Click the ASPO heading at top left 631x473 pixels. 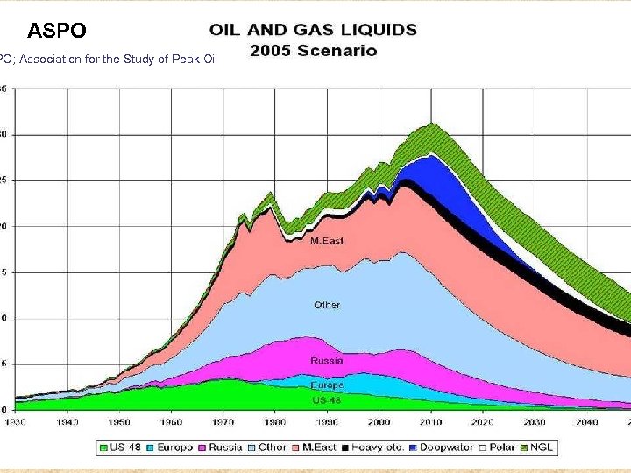57,32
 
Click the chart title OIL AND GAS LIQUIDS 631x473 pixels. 314,30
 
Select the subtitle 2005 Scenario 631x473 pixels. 314,51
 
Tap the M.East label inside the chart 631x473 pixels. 327,240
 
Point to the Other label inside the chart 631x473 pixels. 327,305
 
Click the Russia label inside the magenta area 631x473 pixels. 327,360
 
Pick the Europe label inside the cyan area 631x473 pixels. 327,385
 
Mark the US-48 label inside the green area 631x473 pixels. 327,399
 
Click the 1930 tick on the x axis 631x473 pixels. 16,421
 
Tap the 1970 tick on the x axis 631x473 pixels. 223,421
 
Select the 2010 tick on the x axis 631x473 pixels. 429,421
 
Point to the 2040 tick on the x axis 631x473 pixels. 585,421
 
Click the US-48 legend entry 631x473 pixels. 124,448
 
